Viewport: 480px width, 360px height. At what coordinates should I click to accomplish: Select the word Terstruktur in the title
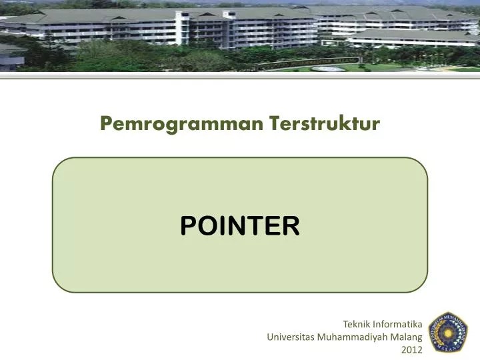(325, 123)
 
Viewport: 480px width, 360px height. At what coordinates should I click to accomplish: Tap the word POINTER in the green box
(240, 226)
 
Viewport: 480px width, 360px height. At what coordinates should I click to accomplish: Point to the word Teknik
(356, 325)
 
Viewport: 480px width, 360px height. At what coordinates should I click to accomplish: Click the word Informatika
(397, 325)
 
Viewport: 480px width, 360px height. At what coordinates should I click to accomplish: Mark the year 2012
(413, 349)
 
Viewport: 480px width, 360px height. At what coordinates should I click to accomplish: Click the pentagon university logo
(447, 331)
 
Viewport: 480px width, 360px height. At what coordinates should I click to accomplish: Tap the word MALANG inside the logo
(447, 346)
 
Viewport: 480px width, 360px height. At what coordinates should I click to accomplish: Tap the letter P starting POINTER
(187, 226)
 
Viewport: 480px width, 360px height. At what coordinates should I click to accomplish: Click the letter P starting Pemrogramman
(105, 124)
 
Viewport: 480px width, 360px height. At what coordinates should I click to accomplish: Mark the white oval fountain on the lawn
(329, 68)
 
